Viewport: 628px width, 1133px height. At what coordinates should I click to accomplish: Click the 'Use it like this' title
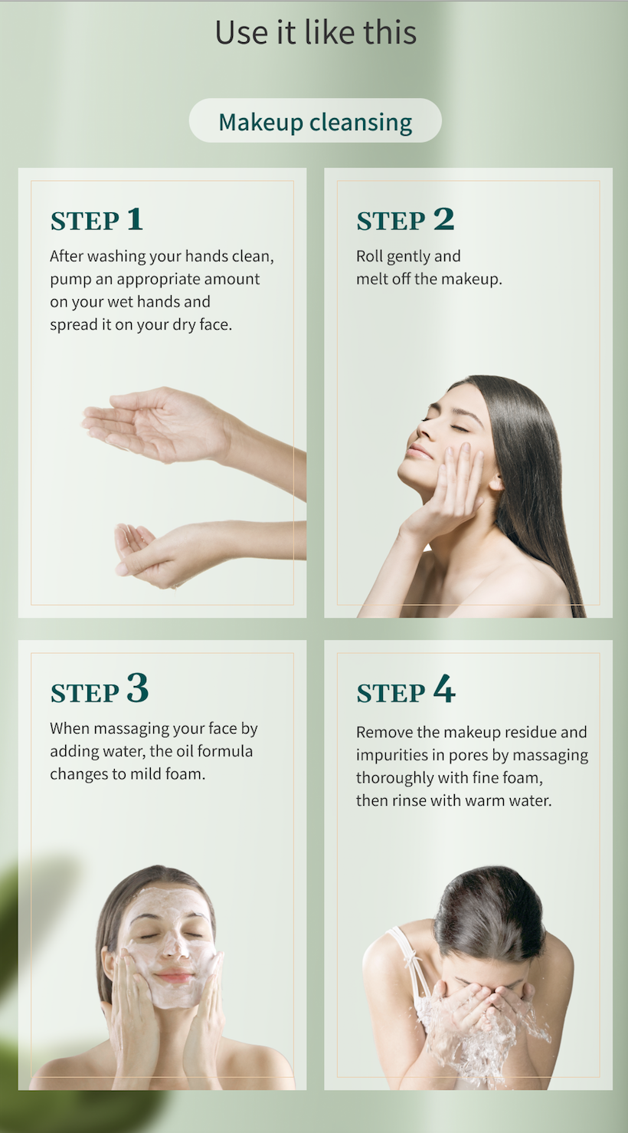click(x=316, y=32)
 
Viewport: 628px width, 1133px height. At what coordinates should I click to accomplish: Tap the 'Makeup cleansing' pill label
click(x=316, y=122)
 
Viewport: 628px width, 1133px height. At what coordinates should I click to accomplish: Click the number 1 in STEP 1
click(x=134, y=219)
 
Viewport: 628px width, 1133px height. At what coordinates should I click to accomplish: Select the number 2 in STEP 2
click(x=443, y=219)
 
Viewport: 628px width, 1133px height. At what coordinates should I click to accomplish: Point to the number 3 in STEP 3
click(x=137, y=688)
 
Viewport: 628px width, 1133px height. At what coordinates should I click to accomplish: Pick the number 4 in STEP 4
click(x=444, y=688)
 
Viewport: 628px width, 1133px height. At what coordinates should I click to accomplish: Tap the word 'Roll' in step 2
click(x=369, y=256)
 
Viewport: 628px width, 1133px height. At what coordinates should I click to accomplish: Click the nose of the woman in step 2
click(x=424, y=432)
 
